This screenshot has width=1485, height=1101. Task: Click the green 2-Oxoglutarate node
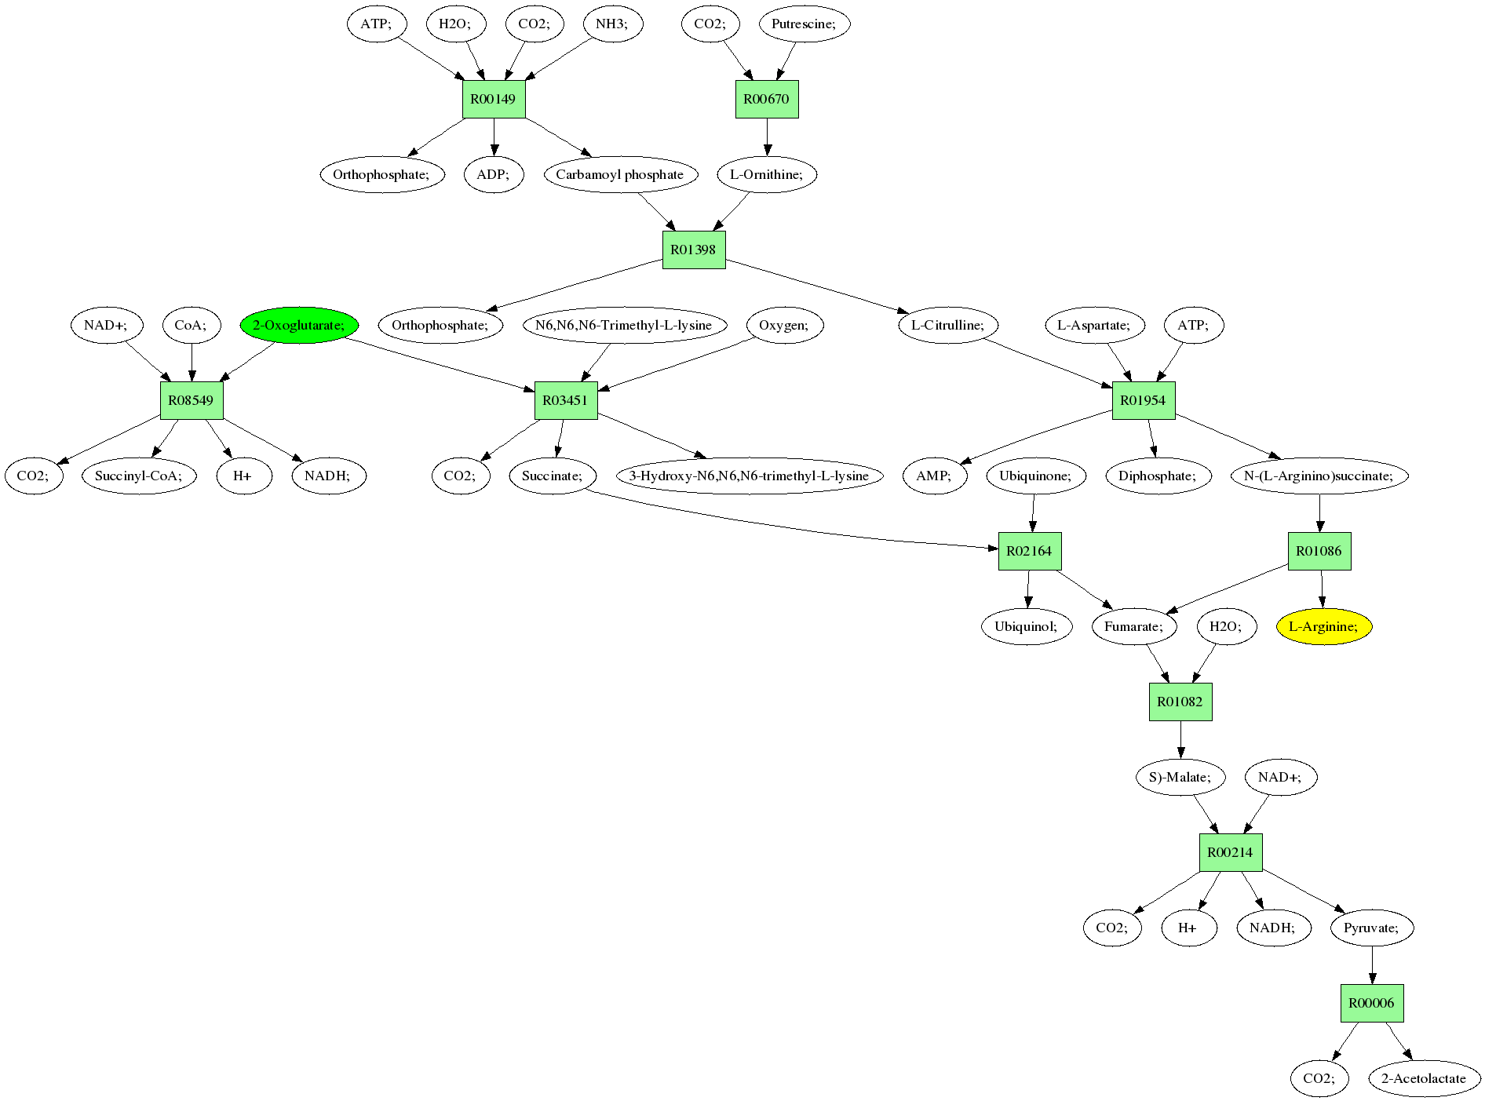click(299, 325)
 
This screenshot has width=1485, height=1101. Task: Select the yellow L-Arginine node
click(1323, 626)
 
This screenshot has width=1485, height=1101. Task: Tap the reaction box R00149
click(494, 99)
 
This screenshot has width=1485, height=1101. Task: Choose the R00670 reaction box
click(767, 99)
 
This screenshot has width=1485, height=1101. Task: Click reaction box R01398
click(694, 250)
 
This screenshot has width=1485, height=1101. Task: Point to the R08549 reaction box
click(192, 400)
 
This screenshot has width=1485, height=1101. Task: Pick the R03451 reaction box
click(566, 400)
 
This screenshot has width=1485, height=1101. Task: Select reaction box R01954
click(1144, 400)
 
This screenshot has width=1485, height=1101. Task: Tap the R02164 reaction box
click(1030, 551)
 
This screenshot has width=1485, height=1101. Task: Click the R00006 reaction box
click(1372, 1003)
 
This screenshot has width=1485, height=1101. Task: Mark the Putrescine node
click(805, 24)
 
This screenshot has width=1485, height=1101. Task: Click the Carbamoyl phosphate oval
click(620, 174)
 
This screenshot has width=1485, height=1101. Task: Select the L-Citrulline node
click(948, 325)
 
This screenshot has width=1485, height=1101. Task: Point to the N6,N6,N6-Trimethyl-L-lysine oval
click(624, 325)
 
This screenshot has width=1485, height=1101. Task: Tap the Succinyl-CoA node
click(139, 476)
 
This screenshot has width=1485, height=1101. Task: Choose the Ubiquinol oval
click(1027, 626)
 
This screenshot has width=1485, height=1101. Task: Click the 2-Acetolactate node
click(1424, 1078)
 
